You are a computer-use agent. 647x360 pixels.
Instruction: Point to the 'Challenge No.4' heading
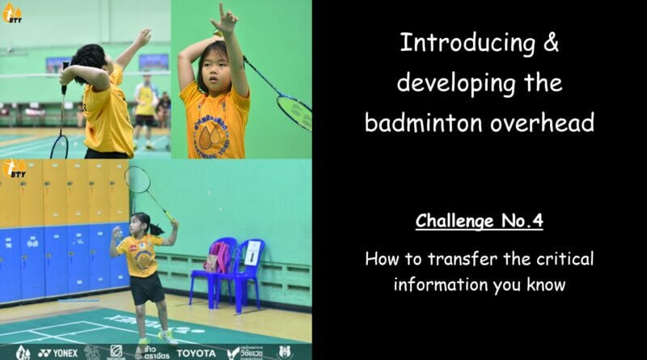(x=479, y=222)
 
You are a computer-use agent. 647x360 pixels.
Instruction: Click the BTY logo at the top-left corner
(x=13, y=12)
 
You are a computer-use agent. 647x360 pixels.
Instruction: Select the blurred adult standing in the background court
(x=146, y=109)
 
